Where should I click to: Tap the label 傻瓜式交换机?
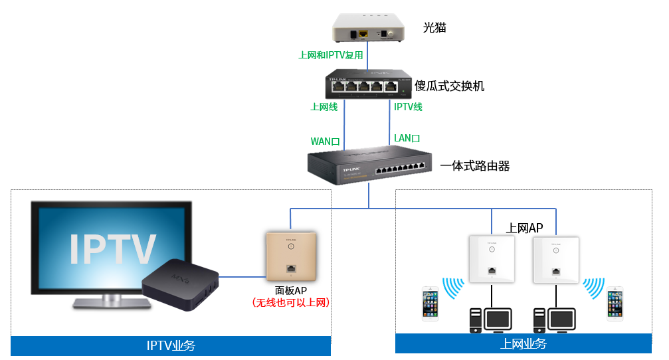(x=450, y=86)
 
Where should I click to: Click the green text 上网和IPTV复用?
(x=331, y=56)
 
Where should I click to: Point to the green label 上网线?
(x=324, y=106)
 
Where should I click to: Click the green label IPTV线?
(x=408, y=106)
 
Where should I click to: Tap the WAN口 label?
(x=326, y=141)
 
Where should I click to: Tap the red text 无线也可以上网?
(x=291, y=302)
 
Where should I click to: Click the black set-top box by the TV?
(x=180, y=283)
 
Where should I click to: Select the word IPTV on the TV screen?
(x=113, y=249)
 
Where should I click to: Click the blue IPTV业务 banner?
(x=171, y=345)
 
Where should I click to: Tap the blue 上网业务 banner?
(x=523, y=343)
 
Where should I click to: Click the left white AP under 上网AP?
(x=490, y=259)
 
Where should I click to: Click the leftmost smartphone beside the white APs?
(x=431, y=304)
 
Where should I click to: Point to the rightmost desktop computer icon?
(x=554, y=320)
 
